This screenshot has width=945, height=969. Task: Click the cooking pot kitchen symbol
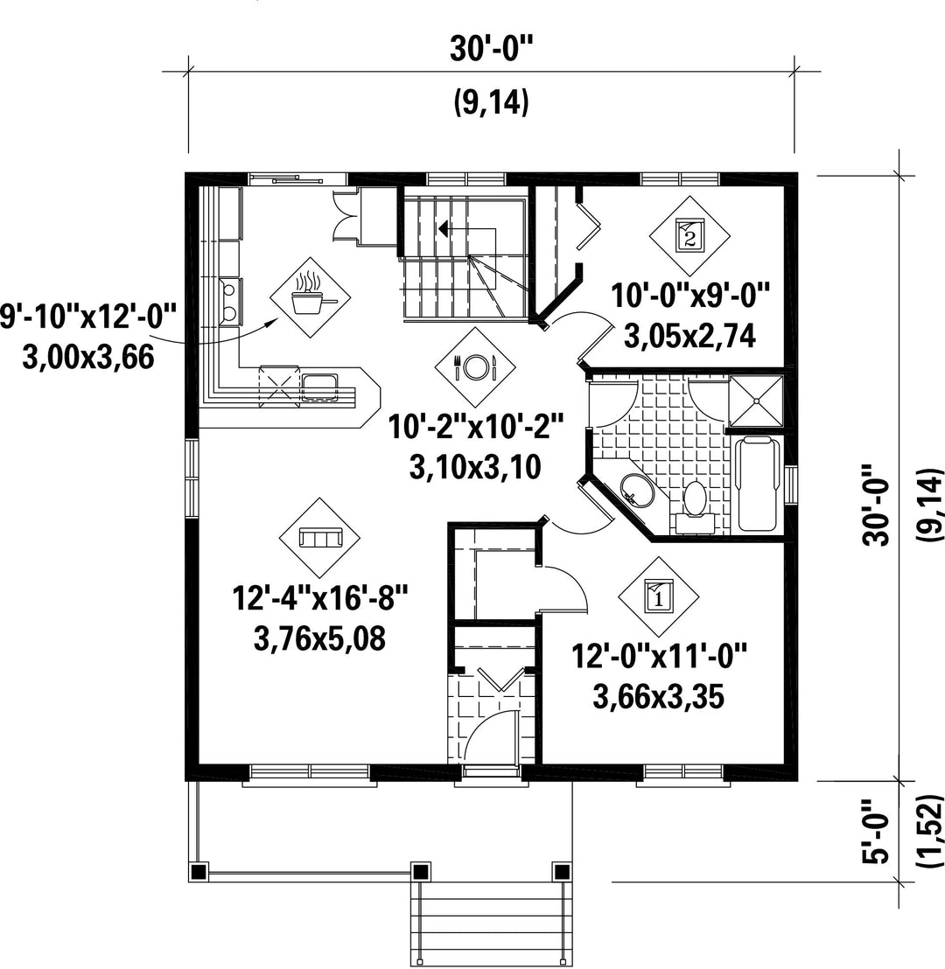tap(310, 297)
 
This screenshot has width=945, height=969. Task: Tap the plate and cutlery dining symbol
tap(475, 367)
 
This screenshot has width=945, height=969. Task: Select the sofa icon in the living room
tap(320, 538)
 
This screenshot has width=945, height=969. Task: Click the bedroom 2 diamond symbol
tap(689, 235)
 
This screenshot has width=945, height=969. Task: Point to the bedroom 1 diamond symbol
tap(659, 596)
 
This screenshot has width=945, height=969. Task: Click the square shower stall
tap(756, 401)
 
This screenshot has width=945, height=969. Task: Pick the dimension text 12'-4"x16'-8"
tap(320, 599)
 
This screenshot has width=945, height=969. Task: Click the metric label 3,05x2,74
tap(689, 337)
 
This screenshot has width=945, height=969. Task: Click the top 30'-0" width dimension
tap(490, 50)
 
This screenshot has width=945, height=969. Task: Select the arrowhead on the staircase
tap(443, 228)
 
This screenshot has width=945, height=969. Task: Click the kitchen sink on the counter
tap(319, 387)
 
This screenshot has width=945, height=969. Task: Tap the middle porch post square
tap(421, 871)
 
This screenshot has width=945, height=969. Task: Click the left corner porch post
tap(198, 871)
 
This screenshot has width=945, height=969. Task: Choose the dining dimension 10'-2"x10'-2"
tap(476, 427)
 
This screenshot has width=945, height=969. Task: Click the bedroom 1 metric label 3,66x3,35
tap(659, 698)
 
